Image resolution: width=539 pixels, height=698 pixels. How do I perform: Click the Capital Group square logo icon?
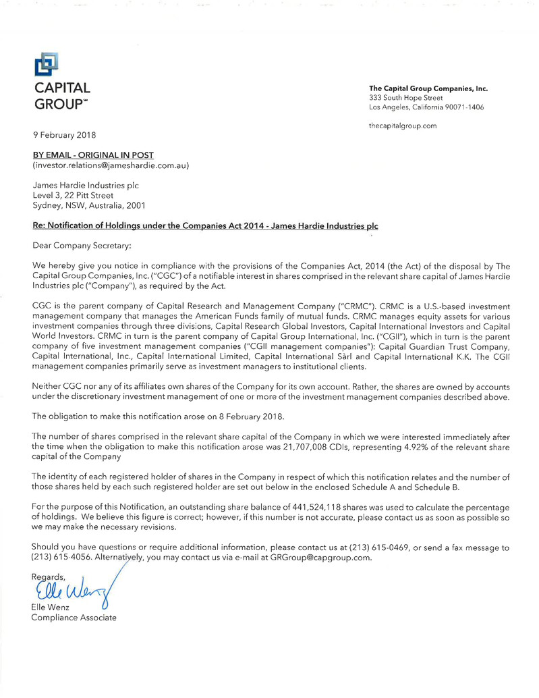(x=46, y=65)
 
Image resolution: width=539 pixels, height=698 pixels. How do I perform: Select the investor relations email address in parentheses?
(x=111, y=165)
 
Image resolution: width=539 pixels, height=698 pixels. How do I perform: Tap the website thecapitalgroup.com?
(x=403, y=126)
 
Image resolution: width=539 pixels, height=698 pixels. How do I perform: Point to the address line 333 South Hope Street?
(x=405, y=98)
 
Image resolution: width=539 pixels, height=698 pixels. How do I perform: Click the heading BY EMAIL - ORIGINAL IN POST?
(x=93, y=155)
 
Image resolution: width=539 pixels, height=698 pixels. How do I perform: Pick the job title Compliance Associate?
(x=74, y=619)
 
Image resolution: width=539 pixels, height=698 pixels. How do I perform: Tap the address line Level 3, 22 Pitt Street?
(x=78, y=196)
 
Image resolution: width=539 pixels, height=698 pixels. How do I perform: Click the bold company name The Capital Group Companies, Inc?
(x=428, y=88)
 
